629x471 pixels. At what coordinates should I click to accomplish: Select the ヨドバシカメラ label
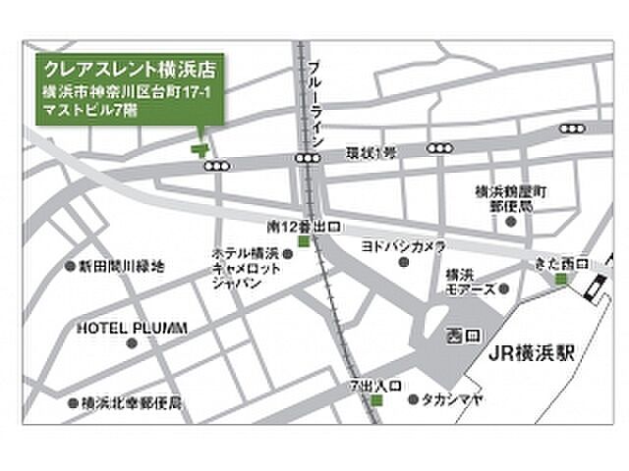click(404, 246)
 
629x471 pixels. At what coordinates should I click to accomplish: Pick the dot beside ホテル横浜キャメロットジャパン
click(288, 253)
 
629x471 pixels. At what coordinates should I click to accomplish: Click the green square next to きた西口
click(561, 281)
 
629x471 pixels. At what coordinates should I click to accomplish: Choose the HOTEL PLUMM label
click(132, 328)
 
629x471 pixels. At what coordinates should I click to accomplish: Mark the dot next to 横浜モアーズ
click(503, 289)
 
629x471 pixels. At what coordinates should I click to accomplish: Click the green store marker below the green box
click(200, 149)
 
